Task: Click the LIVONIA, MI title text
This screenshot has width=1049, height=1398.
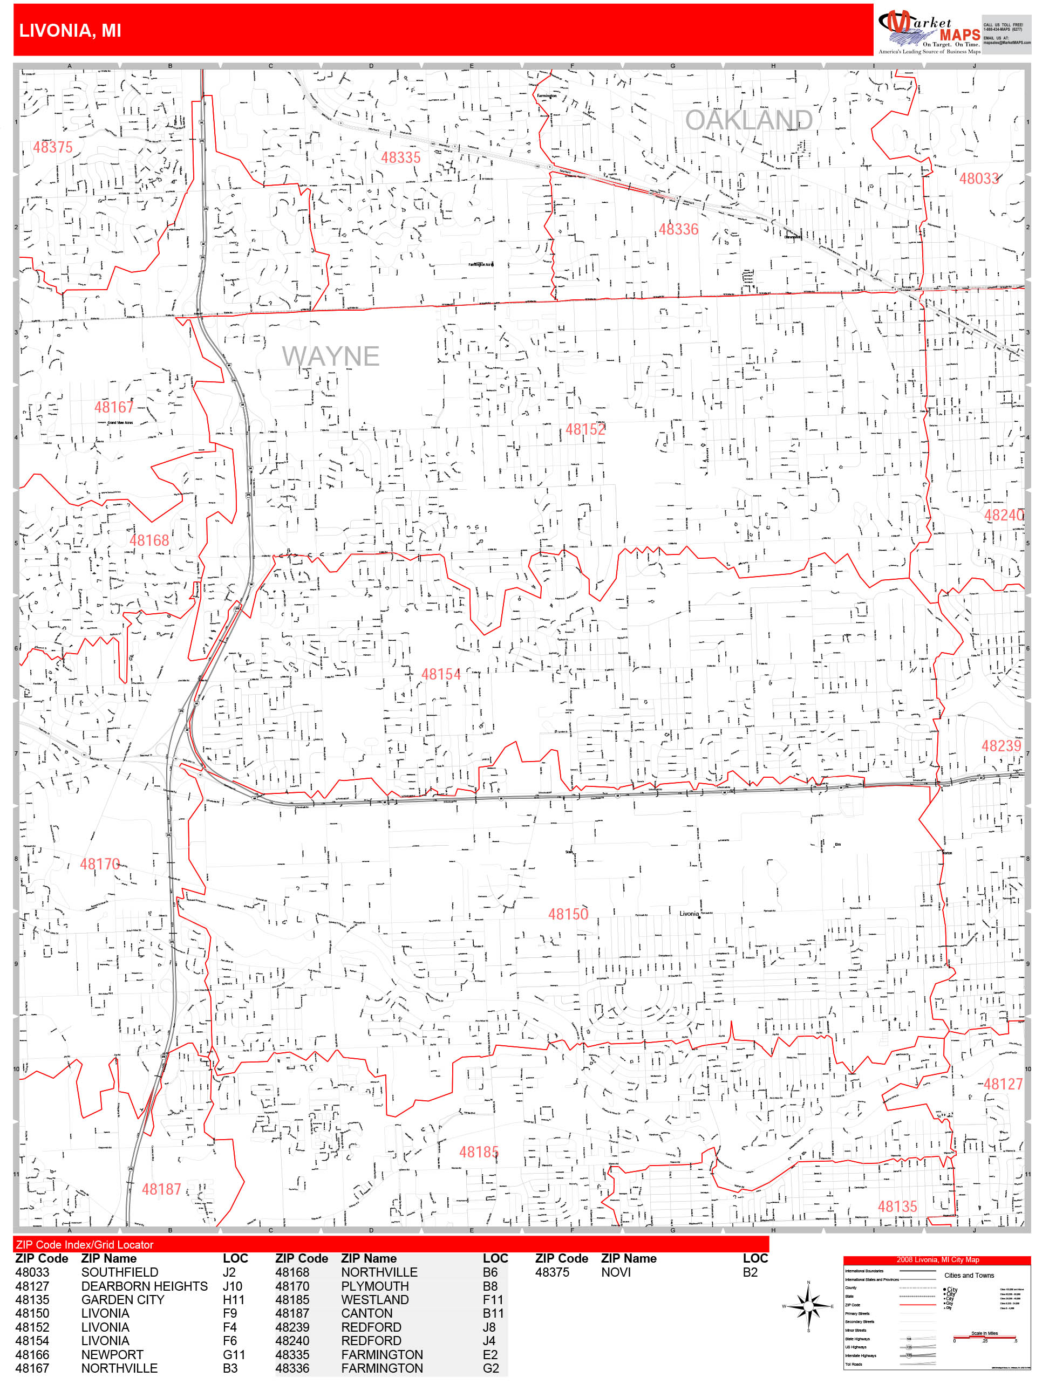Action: click(x=70, y=30)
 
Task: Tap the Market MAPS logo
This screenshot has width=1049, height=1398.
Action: click(x=928, y=32)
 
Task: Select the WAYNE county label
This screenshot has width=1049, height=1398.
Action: click(x=330, y=357)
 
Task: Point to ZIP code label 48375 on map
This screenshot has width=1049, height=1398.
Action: click(x=52, y=147)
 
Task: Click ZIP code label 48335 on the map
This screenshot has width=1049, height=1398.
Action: click(x=400, y=157)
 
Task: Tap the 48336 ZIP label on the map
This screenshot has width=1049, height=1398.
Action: click(x=678, y=229)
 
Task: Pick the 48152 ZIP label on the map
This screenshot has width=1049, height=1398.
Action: click(x=584, y=430)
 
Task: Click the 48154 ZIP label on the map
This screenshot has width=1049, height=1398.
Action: click(x=441, y=674)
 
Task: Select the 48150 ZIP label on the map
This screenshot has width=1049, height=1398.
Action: click(x=567, y=914)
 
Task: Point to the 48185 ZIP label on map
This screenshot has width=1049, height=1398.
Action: click(x=478, y=1152)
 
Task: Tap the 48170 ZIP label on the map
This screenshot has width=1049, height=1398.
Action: click(x=99, y=864)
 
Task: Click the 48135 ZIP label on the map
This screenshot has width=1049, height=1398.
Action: click(x=897, y=1207)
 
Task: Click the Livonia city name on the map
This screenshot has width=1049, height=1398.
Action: click(x=689, y=913)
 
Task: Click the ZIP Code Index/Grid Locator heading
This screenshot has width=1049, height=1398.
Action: click(x=85, y=1244)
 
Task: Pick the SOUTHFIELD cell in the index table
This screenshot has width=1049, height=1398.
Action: click(x=119, y=1272)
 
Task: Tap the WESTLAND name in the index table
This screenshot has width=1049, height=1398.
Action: click(x=374, y=1299)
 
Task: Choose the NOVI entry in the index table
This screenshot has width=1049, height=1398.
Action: click(x=615, y=1272)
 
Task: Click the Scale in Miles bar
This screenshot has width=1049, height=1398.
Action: click(x=984, y=1338)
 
